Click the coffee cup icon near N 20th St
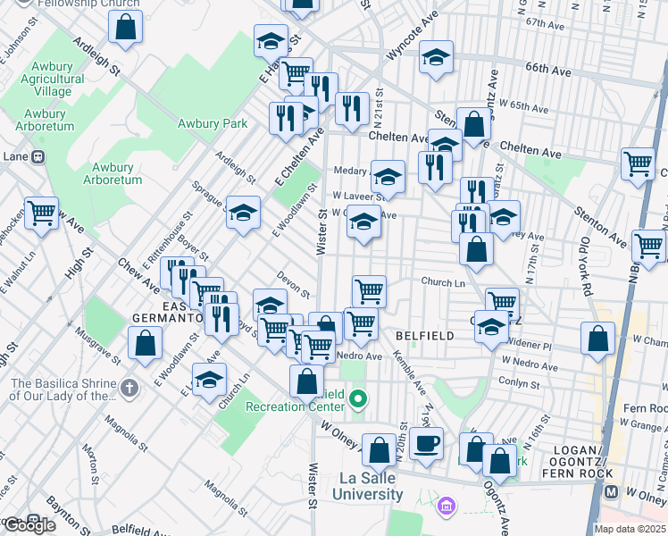click(x=426, y=442)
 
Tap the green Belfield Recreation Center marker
click(x=358, y=398)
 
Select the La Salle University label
click(x=369, y=487)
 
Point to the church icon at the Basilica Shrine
click(x=130, y=388)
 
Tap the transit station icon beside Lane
click(x=38, y=156)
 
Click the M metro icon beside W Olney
click(x=612, y=492)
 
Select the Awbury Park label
click(x=212, y=124)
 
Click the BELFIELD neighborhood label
click(x=425, y=336)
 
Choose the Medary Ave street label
click(x=351, y=171)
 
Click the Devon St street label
click(x=292, y=286)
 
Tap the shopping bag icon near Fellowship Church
click(x=126, y=26)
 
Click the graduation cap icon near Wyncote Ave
click(x=436, y=57)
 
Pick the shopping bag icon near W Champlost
click(x=597, y=337)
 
